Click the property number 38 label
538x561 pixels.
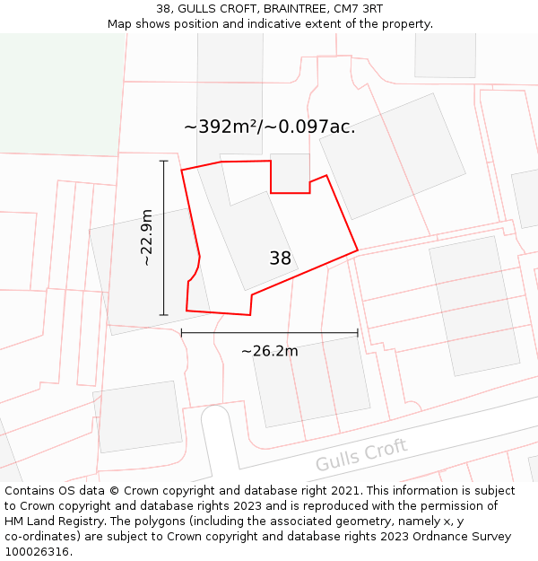pos(281,259)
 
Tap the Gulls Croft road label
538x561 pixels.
pos(361,454)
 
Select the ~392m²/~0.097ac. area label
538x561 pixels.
pos(270,127)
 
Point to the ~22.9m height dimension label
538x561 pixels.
pos(147,238)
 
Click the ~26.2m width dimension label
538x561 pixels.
pos(270,351)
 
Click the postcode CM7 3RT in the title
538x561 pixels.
pos(358,9)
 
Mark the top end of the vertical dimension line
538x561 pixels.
pos(163,161)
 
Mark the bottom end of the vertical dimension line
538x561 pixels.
pos(163,315)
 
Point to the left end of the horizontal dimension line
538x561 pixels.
pos(182,332)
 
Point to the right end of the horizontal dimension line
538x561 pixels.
pos(358,332)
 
